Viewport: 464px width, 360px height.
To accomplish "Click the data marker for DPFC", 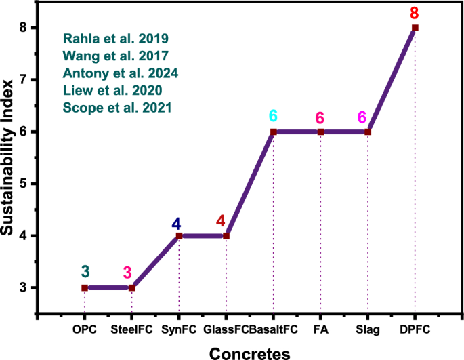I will pyautogui.click(x=415, y=28).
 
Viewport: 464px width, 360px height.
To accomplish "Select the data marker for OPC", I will pyautogui.click(x=85, y=287).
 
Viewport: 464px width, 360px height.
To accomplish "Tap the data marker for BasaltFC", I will pyautogui.click(x=274, y=132).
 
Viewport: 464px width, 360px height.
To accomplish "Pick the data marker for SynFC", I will pyautogui.click(x=179, y=236).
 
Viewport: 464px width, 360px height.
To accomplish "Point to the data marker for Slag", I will pyautogui.click(x=368, y=132).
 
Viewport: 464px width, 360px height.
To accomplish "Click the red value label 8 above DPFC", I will pyautogui.click(x=415, y=12).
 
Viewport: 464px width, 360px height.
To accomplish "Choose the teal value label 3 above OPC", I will pyautogui.click(x=85, y=272).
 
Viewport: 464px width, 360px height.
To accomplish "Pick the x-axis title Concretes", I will pyautogui.click(x=249, y=352).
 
